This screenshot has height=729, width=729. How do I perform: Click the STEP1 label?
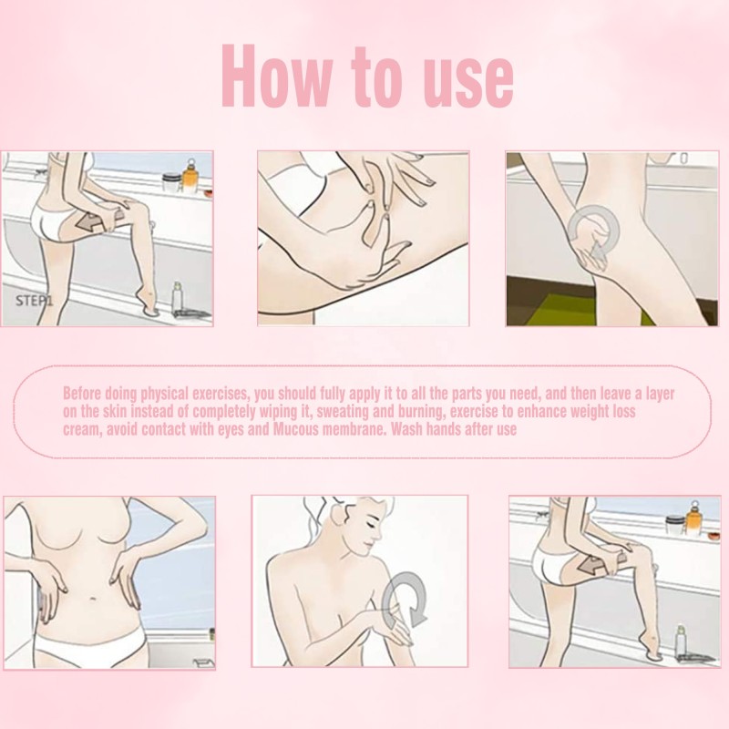(x=35, y=298)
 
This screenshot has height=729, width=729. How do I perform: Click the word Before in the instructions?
(x=85, y=394)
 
